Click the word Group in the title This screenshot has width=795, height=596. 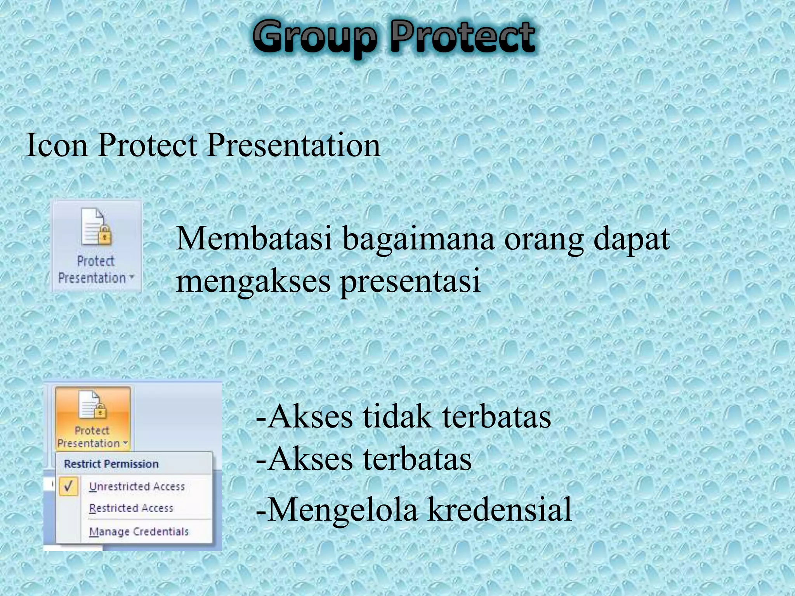pyautogui.click(x=314, y=38)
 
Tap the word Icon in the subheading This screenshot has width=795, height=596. pyautogui.click(x=57, y=145)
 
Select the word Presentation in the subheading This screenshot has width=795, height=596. pyautogui.click(x=293, y=145)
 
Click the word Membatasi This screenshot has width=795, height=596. pyautogui.click(x=255, y=239)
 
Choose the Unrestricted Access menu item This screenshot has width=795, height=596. pyautogui.click(x=137, y=487)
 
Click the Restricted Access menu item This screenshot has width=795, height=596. pyautogui.click(x=131, y=508)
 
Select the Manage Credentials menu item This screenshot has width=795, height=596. pyautogui.click(x=139, y=532)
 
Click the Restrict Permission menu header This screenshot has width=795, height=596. pyautogui.click(x=111, y=464)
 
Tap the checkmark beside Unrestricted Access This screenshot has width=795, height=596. pyautogui.click(x=69, y=486)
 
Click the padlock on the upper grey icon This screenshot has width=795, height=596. pyautogui.click(x=104, y=236)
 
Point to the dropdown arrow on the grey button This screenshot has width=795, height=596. pyautogui.click(x=132, y=277)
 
